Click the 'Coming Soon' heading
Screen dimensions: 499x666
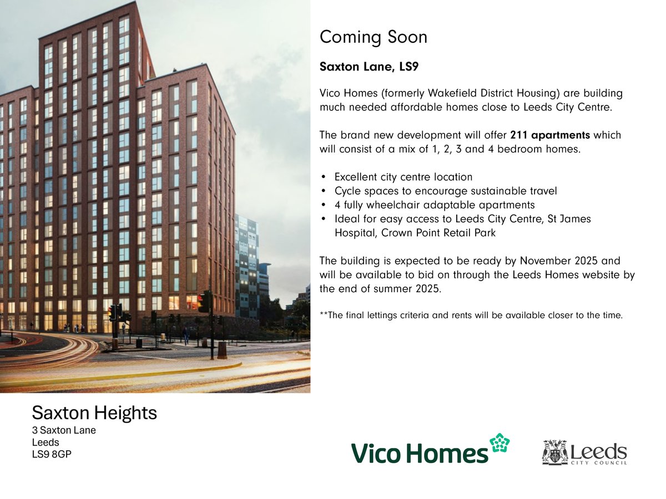[x=374, y=38]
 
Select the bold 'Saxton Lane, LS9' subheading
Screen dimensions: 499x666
[x=369, y=67]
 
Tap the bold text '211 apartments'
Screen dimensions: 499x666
[x=550, y=135]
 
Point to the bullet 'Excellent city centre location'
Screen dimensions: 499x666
[x=403, y=177]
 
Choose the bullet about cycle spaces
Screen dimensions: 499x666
[x=446, y=191]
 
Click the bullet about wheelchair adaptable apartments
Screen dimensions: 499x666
[x=435, y=205]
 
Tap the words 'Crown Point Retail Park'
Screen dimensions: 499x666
[x=438, y=233]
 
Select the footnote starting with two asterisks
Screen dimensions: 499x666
[x=471, y=315]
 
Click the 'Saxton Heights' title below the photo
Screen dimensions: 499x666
[x=94, y=413]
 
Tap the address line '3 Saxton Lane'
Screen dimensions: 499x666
[x=64, y=430]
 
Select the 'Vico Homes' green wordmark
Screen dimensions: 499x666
[x=420, y=453]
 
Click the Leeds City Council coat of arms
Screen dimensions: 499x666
[x=554, y=452]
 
